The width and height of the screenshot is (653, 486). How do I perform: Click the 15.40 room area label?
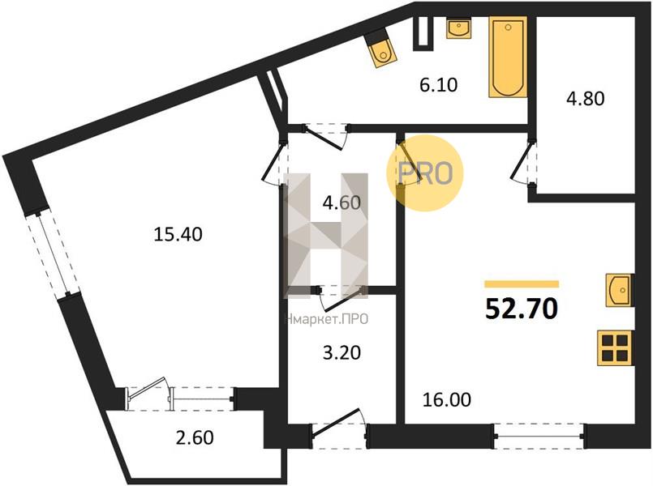point(178,234)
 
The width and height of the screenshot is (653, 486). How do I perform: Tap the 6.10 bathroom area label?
point(439,85)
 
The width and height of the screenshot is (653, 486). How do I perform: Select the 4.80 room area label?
point(585,99)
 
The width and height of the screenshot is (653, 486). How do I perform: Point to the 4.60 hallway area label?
point(342,202)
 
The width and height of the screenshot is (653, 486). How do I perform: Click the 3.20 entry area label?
point(342,353)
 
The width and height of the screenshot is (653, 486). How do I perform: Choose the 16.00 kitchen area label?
point(447,399)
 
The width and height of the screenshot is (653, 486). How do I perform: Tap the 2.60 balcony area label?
point(195,437)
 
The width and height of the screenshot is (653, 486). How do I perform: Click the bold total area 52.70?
point(522,309)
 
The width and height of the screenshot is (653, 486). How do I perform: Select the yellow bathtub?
point(508,57)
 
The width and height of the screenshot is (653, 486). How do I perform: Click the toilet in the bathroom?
point(380,49)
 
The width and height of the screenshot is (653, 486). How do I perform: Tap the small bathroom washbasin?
point(459,28)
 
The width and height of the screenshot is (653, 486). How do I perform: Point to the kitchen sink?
point(620,290)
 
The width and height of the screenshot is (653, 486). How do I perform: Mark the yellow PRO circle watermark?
point(425,173)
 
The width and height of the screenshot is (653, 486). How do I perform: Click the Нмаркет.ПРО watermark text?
point(326,319)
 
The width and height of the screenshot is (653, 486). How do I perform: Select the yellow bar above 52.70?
point(522,284)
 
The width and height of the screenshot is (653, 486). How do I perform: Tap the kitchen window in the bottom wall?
point(539,436)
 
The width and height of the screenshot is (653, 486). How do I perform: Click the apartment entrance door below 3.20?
point(338,429)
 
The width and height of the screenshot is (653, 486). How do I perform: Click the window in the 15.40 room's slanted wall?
point(52,254)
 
